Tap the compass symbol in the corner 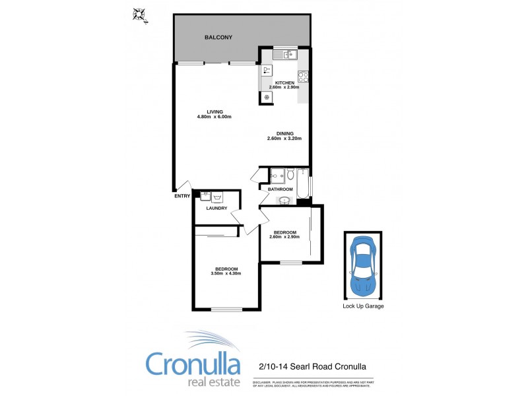point(139,13)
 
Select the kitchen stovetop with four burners point(302,76)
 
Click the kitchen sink point(284,54)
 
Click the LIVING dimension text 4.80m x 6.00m point(214,117)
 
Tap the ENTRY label point(181,196)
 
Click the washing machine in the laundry point(218,196)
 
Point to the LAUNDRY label point(216,209)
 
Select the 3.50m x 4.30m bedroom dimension point(226,273)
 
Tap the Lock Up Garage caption point(363,306)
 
